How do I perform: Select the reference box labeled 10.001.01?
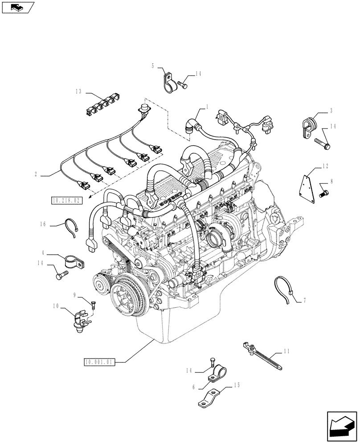[99, 362]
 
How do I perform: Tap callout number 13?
[78, 92]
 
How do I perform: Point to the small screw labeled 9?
[93, 305]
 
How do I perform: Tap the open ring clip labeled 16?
[71, 226]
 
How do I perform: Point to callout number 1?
[207, 107]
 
